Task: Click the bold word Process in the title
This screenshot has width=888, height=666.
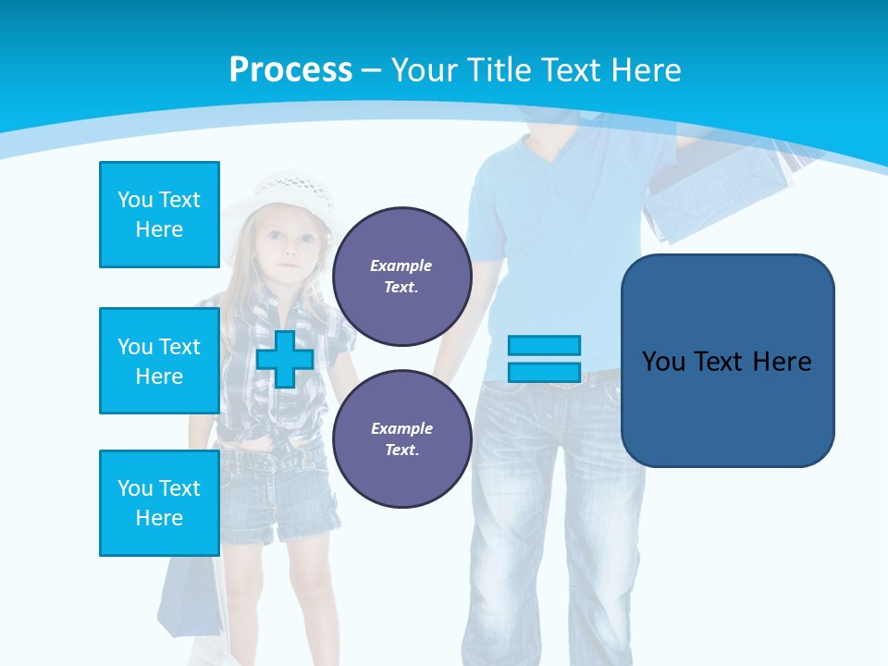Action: click(x=290, y=70)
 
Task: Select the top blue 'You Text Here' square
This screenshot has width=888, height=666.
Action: click(x=159, y=215)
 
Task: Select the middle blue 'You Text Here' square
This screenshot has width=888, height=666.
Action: click(x=159, y=361)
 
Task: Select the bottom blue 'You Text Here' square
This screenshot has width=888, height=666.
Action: click(x=159, y=503)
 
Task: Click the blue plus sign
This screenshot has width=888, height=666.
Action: click(x=285, y=359)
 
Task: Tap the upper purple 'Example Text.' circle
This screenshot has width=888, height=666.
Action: click(x=401, y=277)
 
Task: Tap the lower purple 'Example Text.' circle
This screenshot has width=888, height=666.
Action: click(x=401, y=439)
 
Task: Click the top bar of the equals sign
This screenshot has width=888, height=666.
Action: click(x=544, y=346)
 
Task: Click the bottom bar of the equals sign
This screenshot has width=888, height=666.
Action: click(x=544, y=373)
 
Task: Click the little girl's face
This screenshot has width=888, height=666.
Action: click(x=289, y=247)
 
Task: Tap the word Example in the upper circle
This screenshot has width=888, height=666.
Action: click(x=401, y=266)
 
